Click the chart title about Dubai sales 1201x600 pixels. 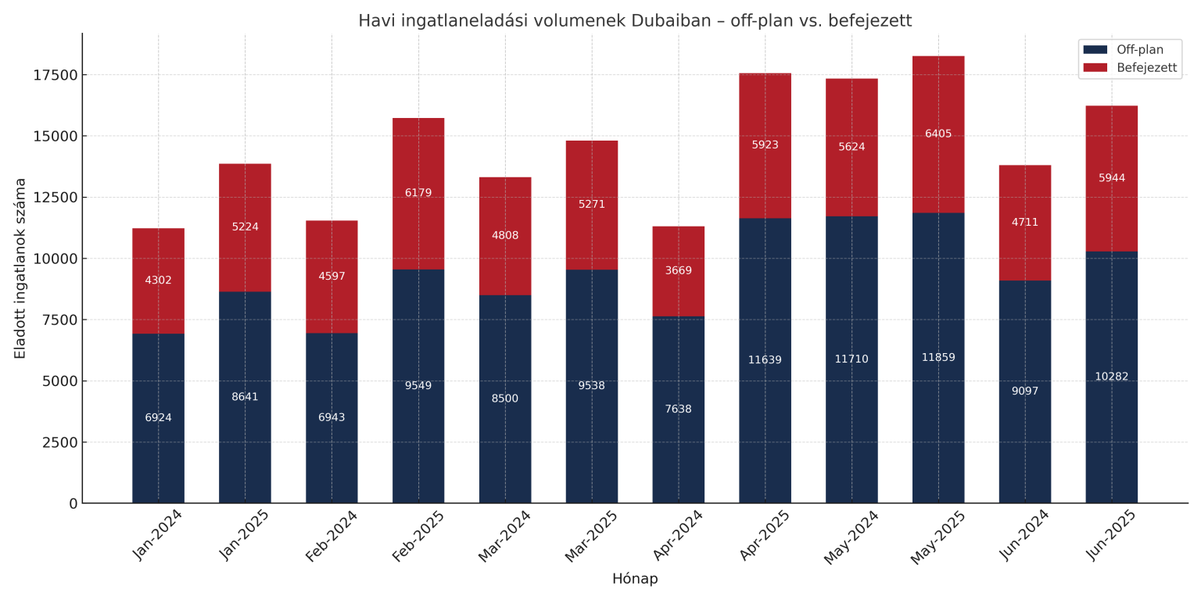tap(634, 21)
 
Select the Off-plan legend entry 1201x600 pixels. tap(1139, 50)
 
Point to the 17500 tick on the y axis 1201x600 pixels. tap(56, 75)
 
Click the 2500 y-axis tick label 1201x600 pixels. tap(59, 442)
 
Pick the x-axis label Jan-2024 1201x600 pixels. tap(159, 534)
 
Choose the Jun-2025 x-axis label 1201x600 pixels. tap(1112, 534)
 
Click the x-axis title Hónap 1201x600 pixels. tap(634, 579)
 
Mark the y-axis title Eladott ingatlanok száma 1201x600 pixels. tap(20, 268)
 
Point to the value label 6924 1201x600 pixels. tap(158, 418)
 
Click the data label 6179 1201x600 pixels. tap(418, 193)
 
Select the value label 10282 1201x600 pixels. tap(1111, 377)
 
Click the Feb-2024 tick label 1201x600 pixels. tap(332, 535)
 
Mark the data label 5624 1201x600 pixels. tap(851, 147)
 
